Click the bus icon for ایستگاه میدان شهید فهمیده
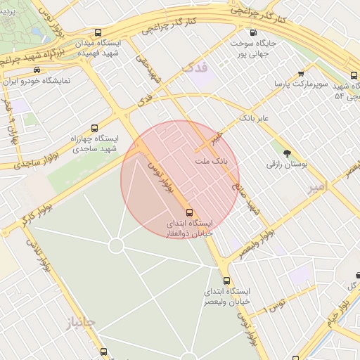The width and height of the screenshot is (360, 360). click(x=98, y=32)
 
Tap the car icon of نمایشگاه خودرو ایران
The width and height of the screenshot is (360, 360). click(x=36, y=70)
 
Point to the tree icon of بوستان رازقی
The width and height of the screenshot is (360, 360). click(x=286, y=153)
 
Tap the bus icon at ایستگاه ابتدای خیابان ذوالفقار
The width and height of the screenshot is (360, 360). click(x=188, y=212)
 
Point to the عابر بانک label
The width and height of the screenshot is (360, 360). click(x=253, y=117)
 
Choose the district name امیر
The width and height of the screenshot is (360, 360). click(x=318, y=188)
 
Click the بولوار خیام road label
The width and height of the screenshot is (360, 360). click(x=338, y=312)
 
